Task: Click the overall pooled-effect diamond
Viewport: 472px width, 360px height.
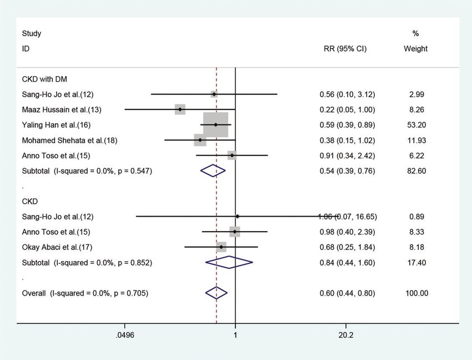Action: click(x=217, y=293)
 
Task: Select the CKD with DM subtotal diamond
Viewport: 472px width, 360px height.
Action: click(x=213, y=171)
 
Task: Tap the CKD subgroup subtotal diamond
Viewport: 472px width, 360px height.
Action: click(x=229, y=262)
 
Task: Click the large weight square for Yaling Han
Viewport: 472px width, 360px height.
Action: click(x=215, y=124)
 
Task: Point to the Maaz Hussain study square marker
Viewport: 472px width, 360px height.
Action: click(x=180, y=109)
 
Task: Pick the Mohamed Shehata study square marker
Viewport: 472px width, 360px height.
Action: click(x=200, y=140)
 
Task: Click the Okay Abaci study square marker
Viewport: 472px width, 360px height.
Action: click(x=221, y=247)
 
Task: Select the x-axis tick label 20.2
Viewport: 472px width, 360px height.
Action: click(x=345, y=336)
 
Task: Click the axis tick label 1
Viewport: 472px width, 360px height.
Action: click(x=235, y=336)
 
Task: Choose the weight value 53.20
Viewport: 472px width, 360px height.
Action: click(x=416, y=124)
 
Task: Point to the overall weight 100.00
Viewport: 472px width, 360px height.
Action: click(x=416, y=293)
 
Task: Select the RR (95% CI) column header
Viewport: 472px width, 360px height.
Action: click(x=345, y=49)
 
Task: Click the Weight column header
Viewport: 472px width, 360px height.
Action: click(x=416, y=49)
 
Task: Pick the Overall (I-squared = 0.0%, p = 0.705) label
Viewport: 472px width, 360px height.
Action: click(x=85, y=293)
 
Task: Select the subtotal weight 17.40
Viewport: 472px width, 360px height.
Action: click(x=416, y=262)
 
